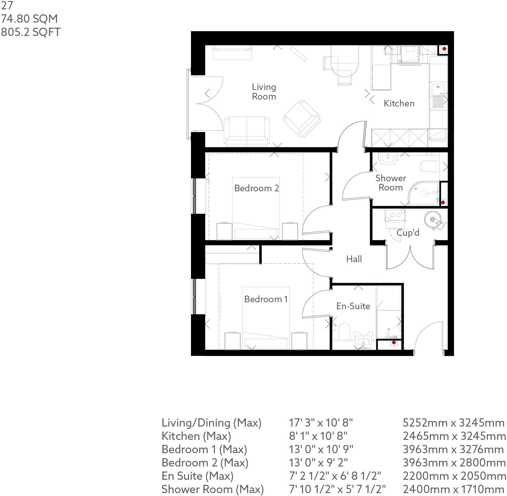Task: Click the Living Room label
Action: click(264, 92)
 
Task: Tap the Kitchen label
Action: click(399, 103)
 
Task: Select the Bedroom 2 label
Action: click(256, 188)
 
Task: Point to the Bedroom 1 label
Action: click(266, 299)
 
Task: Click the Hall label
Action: click(354, 259)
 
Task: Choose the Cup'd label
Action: click(408, 233)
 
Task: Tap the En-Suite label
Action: click(353, 306)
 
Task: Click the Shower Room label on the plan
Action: click(391, 183)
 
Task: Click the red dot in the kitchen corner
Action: click(444, 49)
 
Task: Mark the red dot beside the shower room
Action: click(443, 202)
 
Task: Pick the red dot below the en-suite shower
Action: click(394, 342)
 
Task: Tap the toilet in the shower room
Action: click(429, 167)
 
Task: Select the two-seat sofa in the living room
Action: click(247, 131)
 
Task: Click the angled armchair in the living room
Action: click(301, 119)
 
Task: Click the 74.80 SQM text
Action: click(29, 19)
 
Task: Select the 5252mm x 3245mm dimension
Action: click(453, 423)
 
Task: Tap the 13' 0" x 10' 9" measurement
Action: click(321, 449)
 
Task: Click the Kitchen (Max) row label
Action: click(196, 436)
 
